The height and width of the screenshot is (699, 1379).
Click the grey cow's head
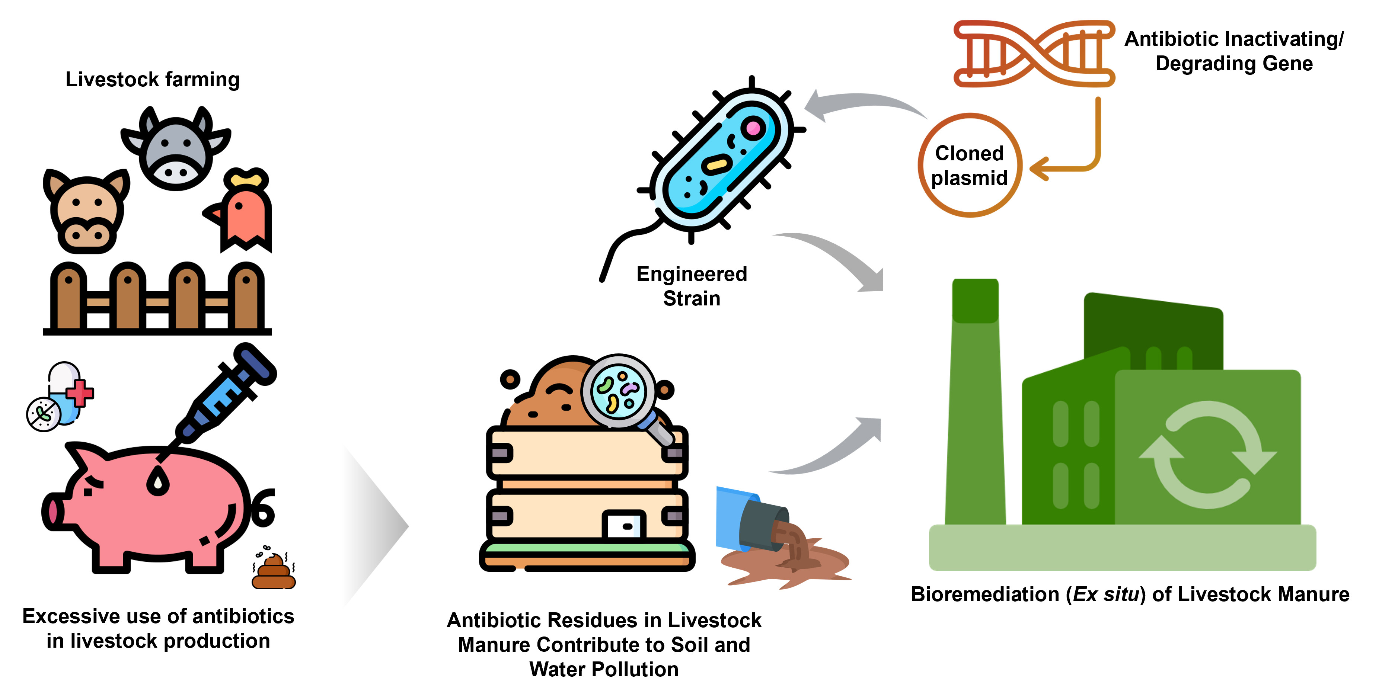tap(176, 150)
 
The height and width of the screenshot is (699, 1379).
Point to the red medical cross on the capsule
tap(80, 393)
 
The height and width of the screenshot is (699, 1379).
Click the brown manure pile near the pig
tap(274, 573)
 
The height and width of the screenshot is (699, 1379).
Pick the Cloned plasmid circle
tap(970, 165)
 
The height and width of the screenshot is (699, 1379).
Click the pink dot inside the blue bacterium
tap(753, 128)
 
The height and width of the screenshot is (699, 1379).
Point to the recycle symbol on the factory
tap(1207, 455)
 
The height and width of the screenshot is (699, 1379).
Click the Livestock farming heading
tap(153, 80)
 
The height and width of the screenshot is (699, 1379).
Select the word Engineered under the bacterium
tap(691, 274)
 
